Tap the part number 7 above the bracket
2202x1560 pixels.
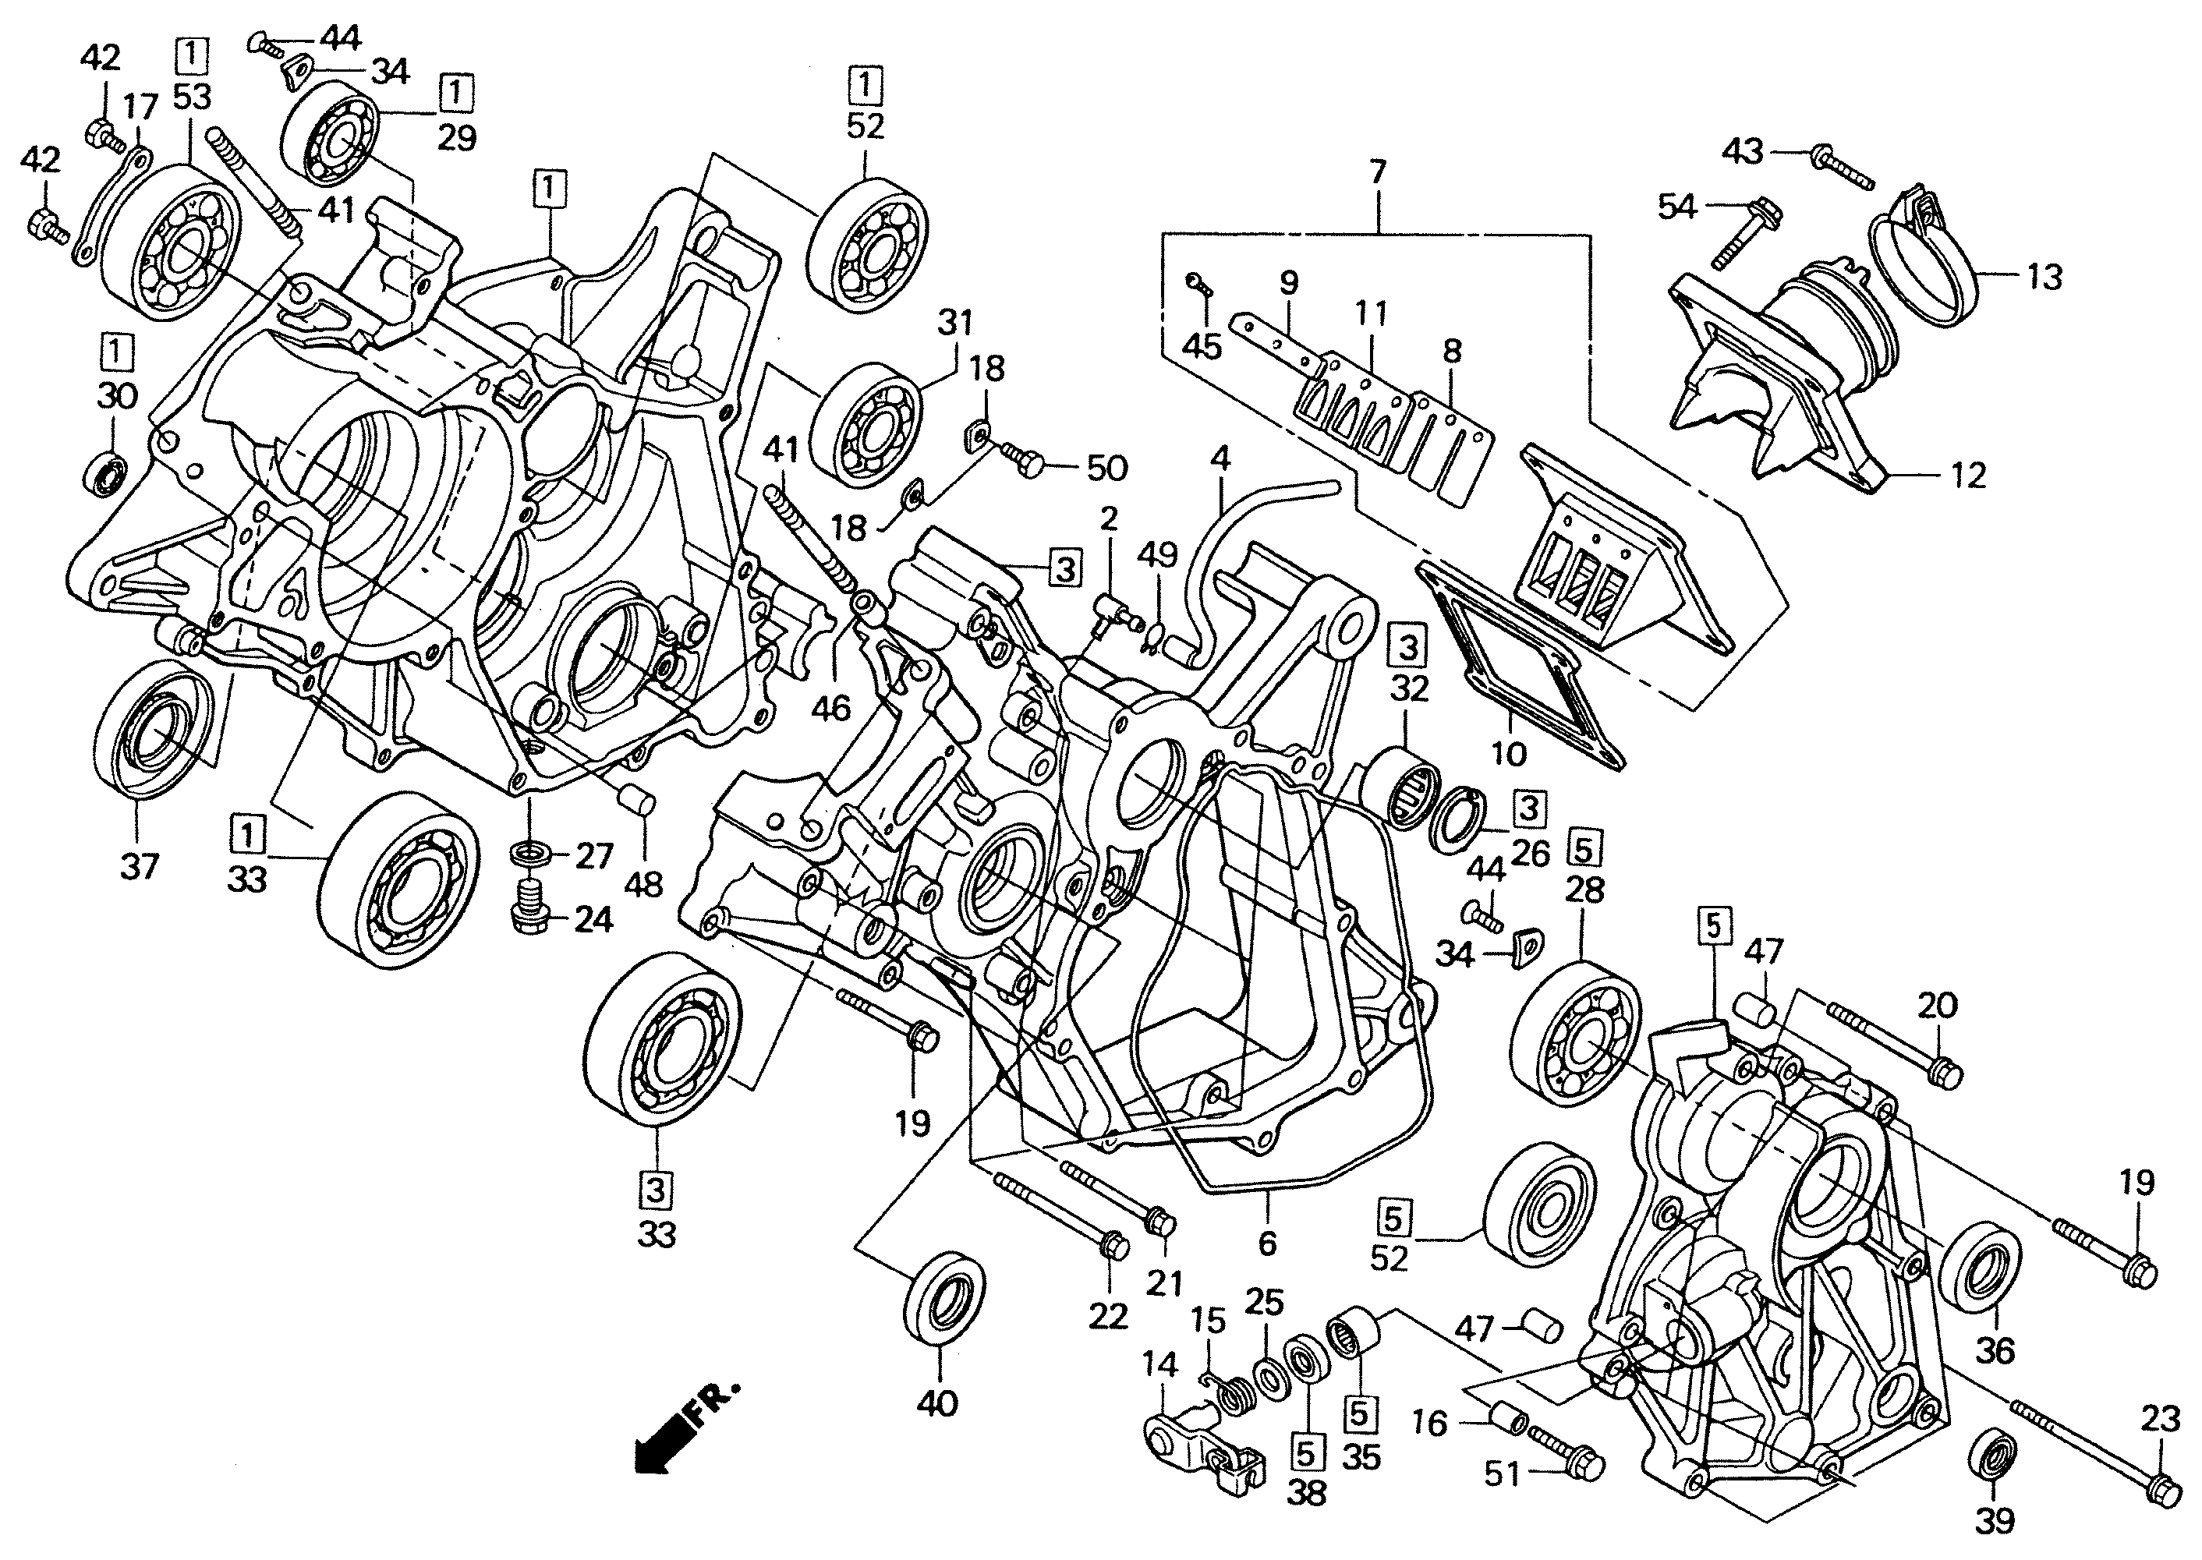1378,174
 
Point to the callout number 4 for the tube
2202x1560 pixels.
1220,458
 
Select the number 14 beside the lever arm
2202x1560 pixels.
1159,1365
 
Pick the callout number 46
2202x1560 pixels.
830,709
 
